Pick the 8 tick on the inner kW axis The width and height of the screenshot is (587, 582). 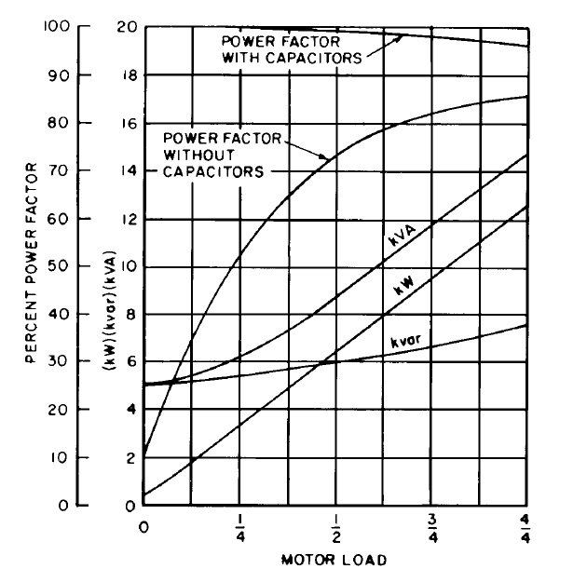click(132, 314)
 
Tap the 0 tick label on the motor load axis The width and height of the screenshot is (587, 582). click(143, 528)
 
